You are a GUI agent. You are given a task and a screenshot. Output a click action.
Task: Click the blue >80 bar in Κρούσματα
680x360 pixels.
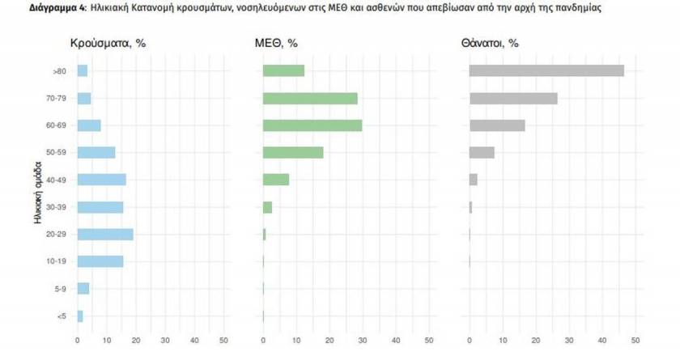(x=82, y=71)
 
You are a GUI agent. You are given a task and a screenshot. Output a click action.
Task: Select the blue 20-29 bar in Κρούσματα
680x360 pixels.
(x=105, y=235)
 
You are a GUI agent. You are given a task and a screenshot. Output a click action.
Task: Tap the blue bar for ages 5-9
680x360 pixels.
(x=83, y=289)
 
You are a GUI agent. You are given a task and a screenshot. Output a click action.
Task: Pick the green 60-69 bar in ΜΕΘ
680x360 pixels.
(x=312, y=125)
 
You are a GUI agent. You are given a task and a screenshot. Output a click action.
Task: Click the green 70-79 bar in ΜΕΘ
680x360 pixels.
(x=310, y=99)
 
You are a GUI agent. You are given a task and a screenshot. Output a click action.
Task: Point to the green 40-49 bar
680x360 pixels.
(x=276, y=180)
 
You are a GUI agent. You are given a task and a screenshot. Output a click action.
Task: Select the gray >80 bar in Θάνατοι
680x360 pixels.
(x=547, y=71)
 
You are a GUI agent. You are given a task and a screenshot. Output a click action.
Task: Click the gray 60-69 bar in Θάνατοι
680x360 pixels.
(x=497, y=125)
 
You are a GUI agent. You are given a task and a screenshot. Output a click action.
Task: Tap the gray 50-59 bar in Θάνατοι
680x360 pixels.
(x=482, y=153)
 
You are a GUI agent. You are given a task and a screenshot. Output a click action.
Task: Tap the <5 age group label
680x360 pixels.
(x=62, y=316)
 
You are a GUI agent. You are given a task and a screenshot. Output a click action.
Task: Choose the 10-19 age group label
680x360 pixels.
(x=57, y=261)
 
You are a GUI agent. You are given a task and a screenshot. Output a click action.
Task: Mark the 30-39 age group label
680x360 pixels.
(x=57, y=207)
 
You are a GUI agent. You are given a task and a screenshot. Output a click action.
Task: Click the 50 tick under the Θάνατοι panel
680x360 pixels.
(x=635, y=341)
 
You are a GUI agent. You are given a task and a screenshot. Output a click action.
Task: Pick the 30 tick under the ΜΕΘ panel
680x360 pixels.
(x=363, y=341)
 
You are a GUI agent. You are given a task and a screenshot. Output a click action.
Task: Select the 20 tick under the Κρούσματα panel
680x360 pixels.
(x=136, y=341)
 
